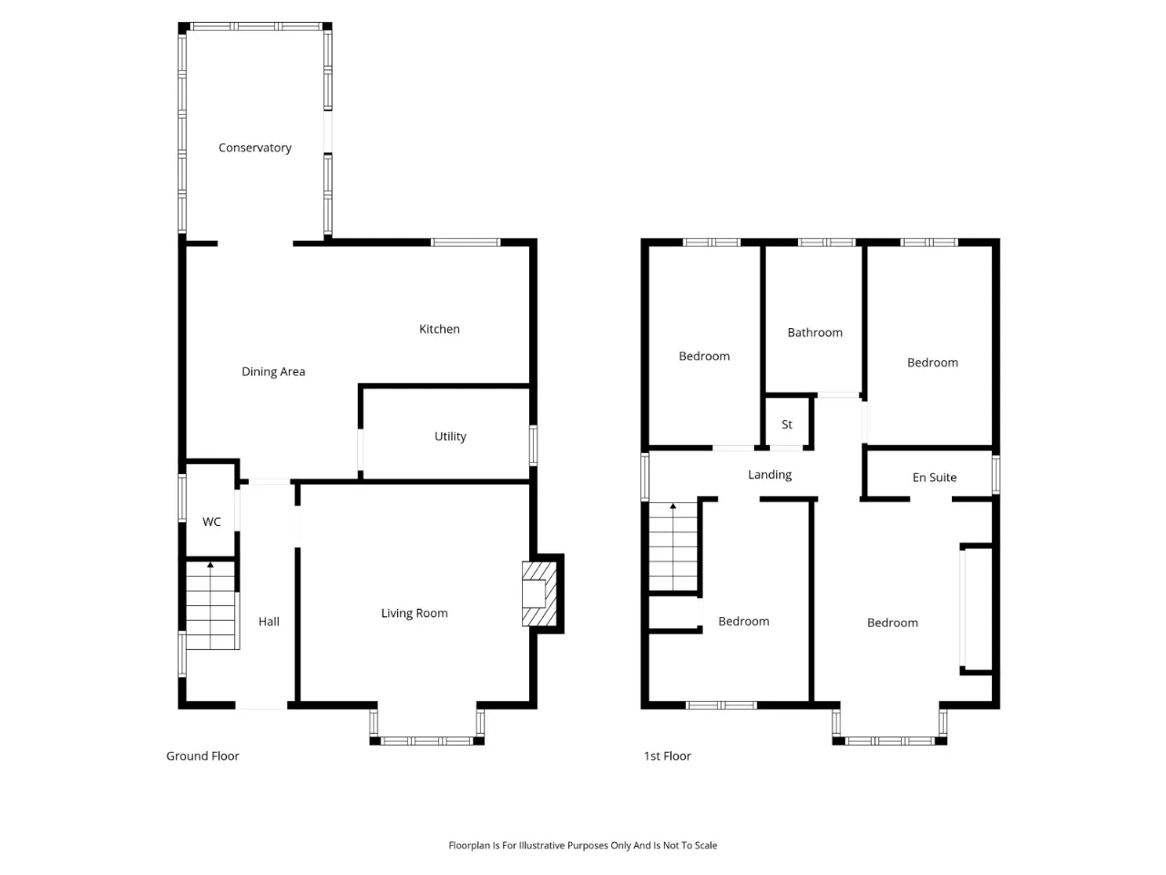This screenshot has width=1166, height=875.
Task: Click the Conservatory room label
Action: [x=254, y=148]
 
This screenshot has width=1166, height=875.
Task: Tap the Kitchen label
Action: [x=439, y=329]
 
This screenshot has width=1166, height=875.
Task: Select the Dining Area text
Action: [x=273, y=371]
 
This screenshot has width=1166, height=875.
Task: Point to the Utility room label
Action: [x=450, y=437]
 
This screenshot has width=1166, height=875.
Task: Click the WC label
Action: [x=211, y=521]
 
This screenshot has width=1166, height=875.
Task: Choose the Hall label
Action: [x=268, y=622]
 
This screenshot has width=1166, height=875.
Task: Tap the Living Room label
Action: [x=414, y=613]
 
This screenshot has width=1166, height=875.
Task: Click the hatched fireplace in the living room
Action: [x=538, y=593]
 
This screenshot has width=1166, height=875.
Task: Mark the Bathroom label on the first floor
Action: [x=814, y=333]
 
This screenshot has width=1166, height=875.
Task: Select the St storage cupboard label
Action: [x=786, y=425]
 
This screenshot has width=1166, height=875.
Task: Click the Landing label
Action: [x=769, y=475]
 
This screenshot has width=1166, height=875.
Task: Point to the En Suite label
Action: [x=934, y=478]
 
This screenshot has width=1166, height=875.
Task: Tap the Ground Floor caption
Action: [x=202, y=756]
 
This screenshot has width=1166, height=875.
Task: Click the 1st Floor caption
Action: [x=667, y=756]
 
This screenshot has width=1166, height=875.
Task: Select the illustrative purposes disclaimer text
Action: [x=582, y=845]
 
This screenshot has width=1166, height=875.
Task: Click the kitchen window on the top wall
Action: [x=465, y=242]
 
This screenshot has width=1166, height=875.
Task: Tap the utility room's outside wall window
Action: [x=533, y=445]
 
